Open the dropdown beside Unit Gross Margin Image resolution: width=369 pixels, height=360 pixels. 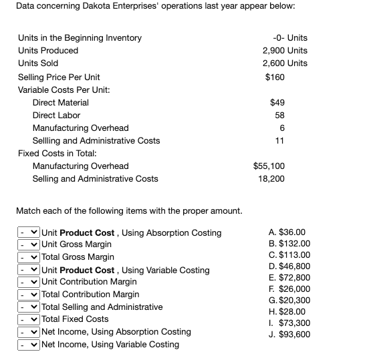(x=29, y=245)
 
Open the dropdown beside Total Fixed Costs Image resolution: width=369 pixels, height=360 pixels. (x=29, y=319)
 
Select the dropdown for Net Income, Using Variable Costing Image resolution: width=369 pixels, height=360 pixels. (x=29, y=345)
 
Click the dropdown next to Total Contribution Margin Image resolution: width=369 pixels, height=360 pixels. (x=29, y=295)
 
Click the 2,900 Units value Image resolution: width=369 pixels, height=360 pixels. (x=285, y=51)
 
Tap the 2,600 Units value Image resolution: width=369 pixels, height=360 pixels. (x=285, y=63)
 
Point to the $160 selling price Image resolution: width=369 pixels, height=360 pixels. (x=275, y=77)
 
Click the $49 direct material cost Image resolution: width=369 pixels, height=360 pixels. (x=277, y=103)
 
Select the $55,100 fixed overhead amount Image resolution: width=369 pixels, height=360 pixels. (x=269, y=166)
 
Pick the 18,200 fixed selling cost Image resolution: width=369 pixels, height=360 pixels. (x=271, y=179)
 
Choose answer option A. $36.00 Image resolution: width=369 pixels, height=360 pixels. (x=284, y=232)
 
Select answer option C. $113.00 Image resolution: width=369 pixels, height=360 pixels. (x=285, y=255)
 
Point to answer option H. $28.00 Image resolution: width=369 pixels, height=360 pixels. (x=284, y=311)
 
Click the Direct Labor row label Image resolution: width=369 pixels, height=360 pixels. (x=56, y=116)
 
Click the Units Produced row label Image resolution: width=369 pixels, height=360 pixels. (x=48, y=51)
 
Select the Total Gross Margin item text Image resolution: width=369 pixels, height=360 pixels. (x=78, y=257)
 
